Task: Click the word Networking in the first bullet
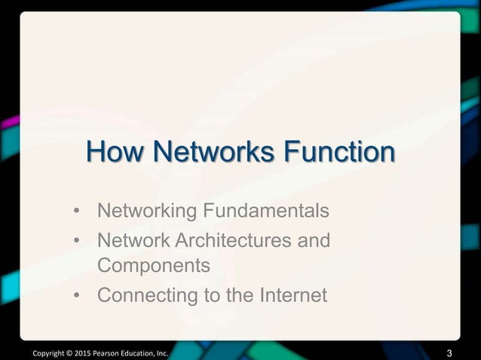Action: point(145,209)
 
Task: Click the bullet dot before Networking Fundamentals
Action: point(78,209)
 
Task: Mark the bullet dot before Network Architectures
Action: point(78,242)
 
